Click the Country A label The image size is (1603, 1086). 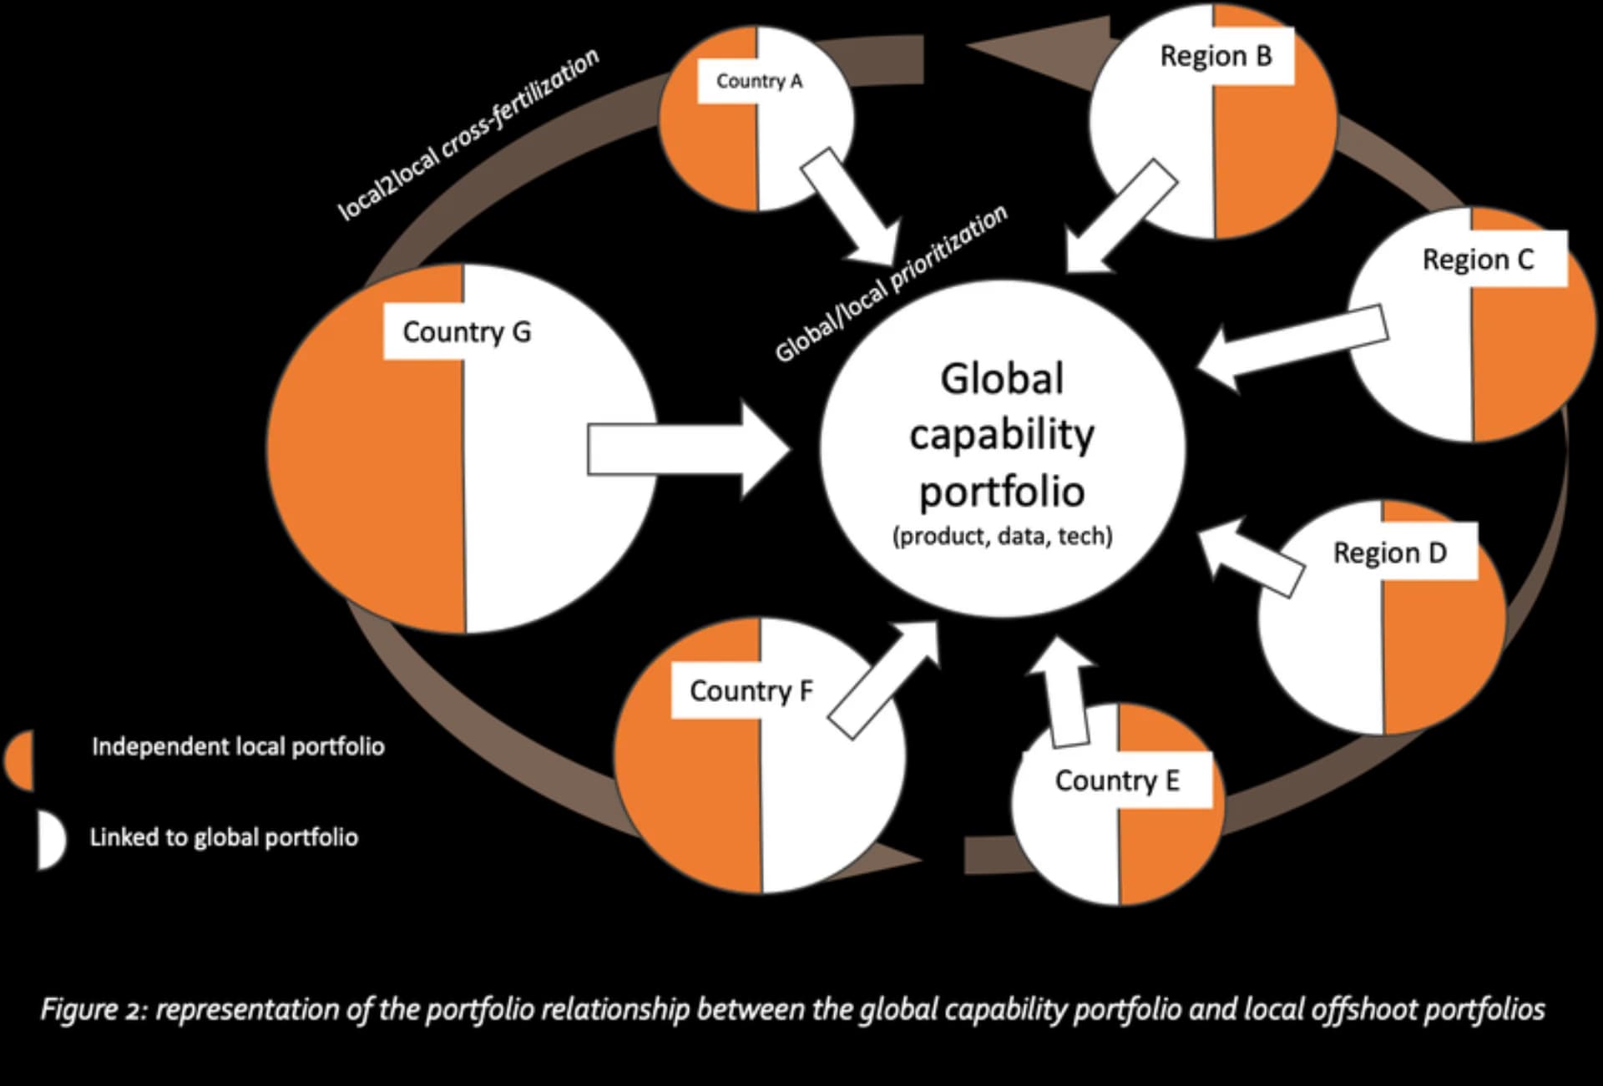759,81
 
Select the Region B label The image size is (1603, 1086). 1216,56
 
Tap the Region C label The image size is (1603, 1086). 1478,260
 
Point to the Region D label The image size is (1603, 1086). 1389,553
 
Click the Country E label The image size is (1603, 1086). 1117,780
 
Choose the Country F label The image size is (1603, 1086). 751,690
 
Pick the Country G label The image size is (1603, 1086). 466,331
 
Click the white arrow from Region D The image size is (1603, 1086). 1252,558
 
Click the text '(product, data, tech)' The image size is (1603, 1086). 1002,536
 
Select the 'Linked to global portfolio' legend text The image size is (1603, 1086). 224,837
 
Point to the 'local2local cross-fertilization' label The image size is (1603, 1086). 468,134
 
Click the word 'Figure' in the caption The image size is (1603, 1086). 79,1009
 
